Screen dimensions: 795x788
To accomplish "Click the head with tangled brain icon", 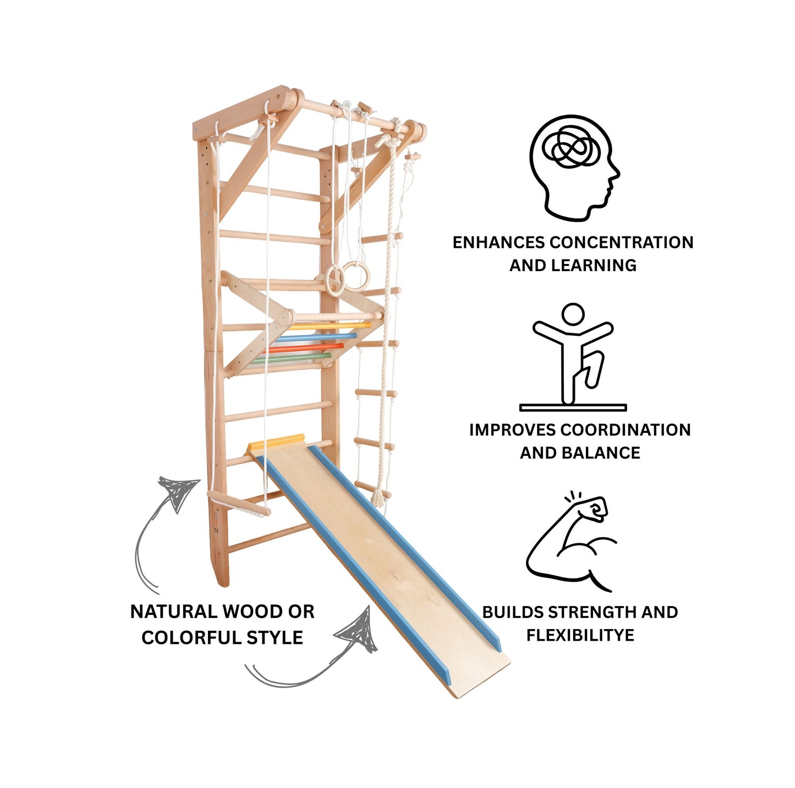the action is pos(574,168).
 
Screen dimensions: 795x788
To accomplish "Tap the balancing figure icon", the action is pos(573,357).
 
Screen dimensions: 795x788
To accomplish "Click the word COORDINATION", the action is pos(625,430).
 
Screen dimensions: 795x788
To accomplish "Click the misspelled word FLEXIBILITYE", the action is pos(580,635).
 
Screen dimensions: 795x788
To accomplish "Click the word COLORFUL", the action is pos(192,637).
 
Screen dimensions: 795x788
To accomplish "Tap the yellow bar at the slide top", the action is pos(276,442).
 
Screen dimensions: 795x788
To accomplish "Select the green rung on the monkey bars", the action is pos(292,357).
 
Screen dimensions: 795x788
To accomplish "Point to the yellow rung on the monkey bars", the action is pos(329,326).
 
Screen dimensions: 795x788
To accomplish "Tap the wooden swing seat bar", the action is pos(239,503).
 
